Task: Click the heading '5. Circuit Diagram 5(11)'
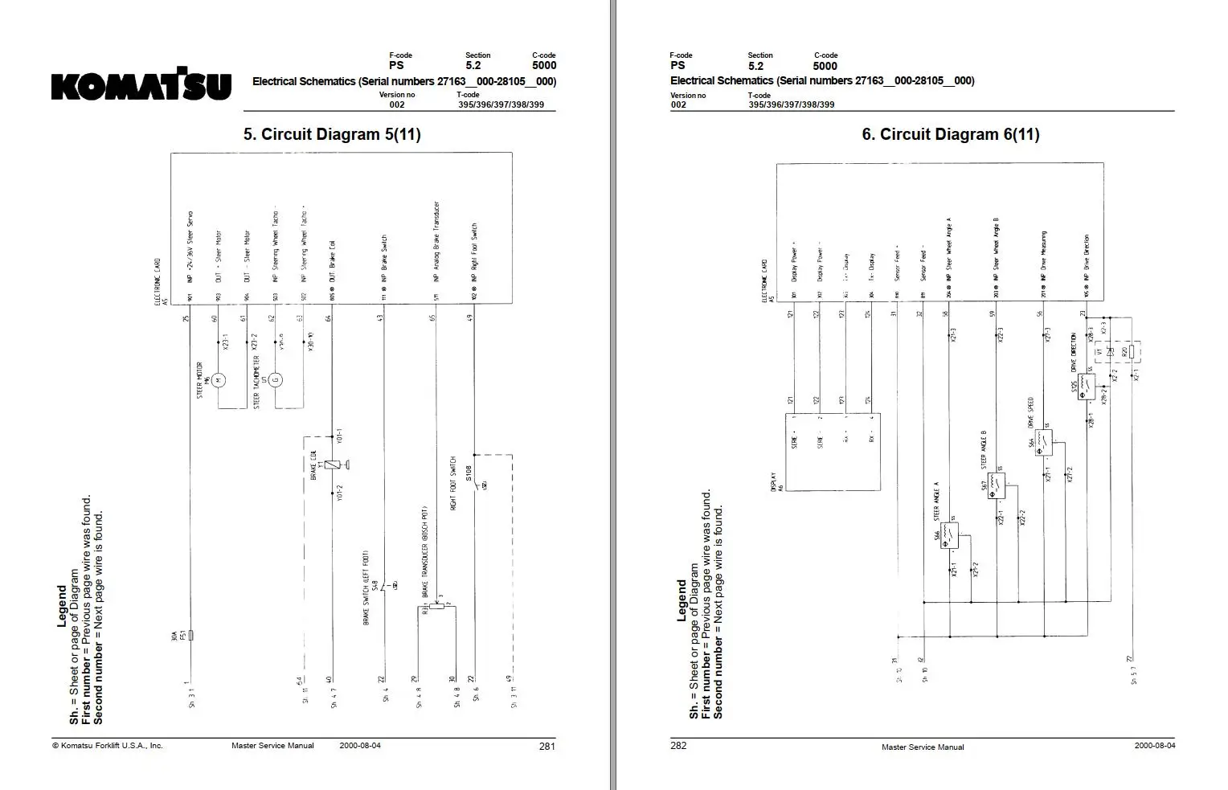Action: click(332, 134)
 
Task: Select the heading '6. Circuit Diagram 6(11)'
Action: click(950, 134)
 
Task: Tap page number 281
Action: click(546, 746)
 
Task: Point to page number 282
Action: click(678, 746)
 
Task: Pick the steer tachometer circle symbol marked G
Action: click(276, 379)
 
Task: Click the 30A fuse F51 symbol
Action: click(190, 635)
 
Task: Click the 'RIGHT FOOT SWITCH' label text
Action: click(453, 485)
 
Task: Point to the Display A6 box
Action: click(832, 447)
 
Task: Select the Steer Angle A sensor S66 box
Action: click(949, 535)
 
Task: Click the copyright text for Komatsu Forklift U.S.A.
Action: click(108, 746)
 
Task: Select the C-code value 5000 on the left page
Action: click(544, 66)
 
